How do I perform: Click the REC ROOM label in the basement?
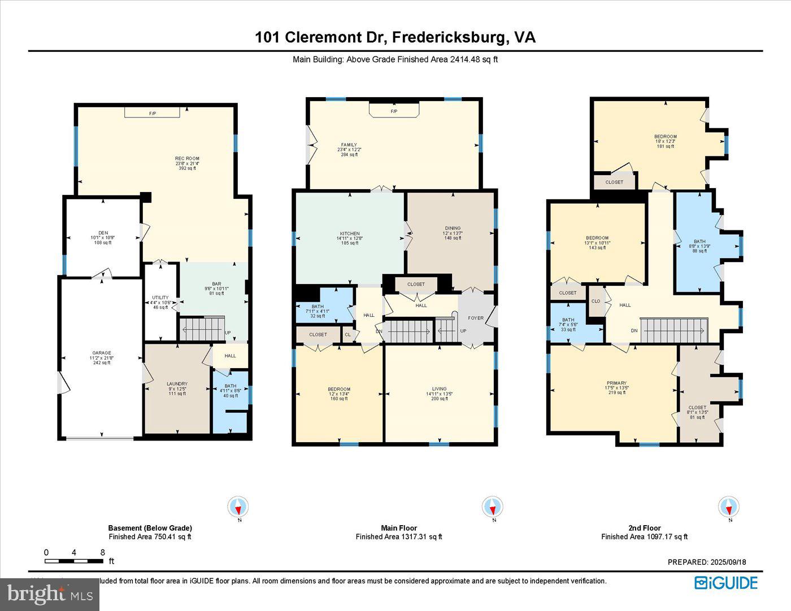[x=187, y=159]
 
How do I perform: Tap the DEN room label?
[x=103, y=233]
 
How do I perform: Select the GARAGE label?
[x=102, y=353]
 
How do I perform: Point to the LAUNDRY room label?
[x=177, y=384]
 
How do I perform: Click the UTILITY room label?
[x=160, y=298]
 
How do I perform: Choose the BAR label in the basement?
[x=216, y=284]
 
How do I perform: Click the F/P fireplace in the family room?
[x=394, y=111]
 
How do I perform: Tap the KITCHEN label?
[x=350, y=234]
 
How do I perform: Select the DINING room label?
[x=453, y=229]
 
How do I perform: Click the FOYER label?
[x=476, y=318]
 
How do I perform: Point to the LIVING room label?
[x=439, y=389]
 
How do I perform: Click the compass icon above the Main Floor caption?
[x=493, y=506]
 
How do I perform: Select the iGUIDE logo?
[x=725, y=582]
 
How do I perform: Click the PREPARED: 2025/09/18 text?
[x=707, y=562]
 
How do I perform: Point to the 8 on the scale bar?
[x=102, y=552]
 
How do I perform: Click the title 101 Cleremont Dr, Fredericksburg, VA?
[x=395, y=37]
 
